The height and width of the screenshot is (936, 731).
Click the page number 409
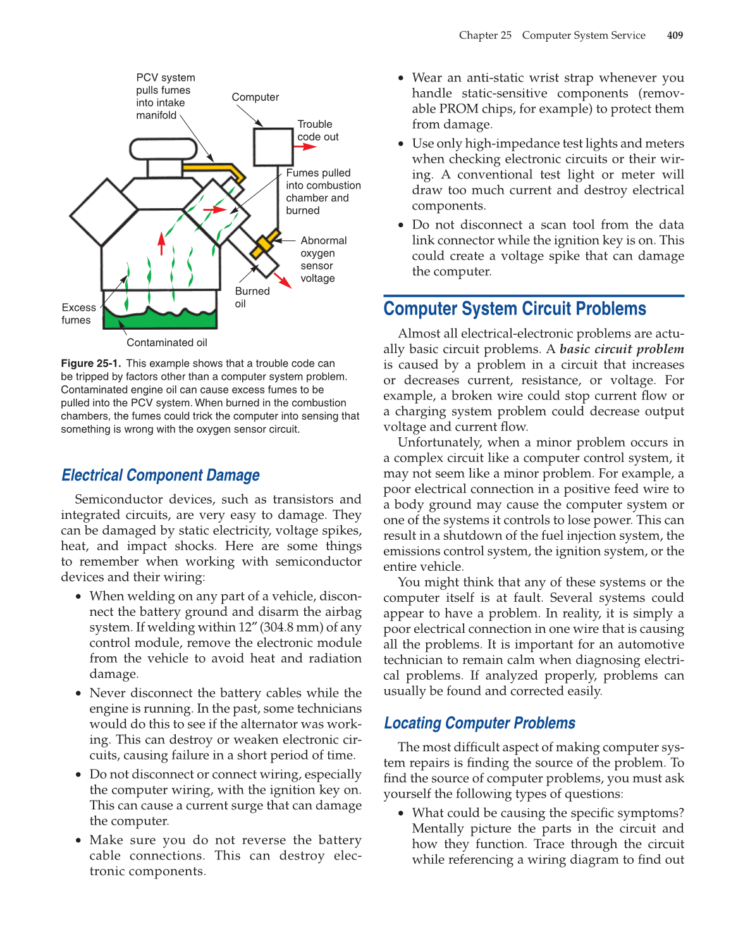pos(675,35)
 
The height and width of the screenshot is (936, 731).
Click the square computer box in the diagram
pos(273,147)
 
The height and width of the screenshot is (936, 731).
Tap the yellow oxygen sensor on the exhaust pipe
pos(265,244)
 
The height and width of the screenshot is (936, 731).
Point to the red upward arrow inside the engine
pos(162,243)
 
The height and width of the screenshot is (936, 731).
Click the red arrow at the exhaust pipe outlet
pos(283,280)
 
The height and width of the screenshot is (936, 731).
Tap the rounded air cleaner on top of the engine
pos(163,149)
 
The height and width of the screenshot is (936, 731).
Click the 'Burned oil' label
pos(252,297)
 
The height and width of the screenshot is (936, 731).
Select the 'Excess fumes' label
pos(78,314)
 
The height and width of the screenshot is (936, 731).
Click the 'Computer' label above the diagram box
pos(255,97)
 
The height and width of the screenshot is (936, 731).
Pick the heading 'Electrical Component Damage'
pos(161,475)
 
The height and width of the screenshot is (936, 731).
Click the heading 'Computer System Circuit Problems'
pos(514,309)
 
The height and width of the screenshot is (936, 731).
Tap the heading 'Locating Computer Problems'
pos(479,723)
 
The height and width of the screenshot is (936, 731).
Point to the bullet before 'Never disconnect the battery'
pos(78,694)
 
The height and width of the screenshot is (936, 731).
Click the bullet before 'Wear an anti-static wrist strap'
pos(401,78)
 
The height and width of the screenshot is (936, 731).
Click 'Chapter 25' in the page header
pos(485,35)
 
